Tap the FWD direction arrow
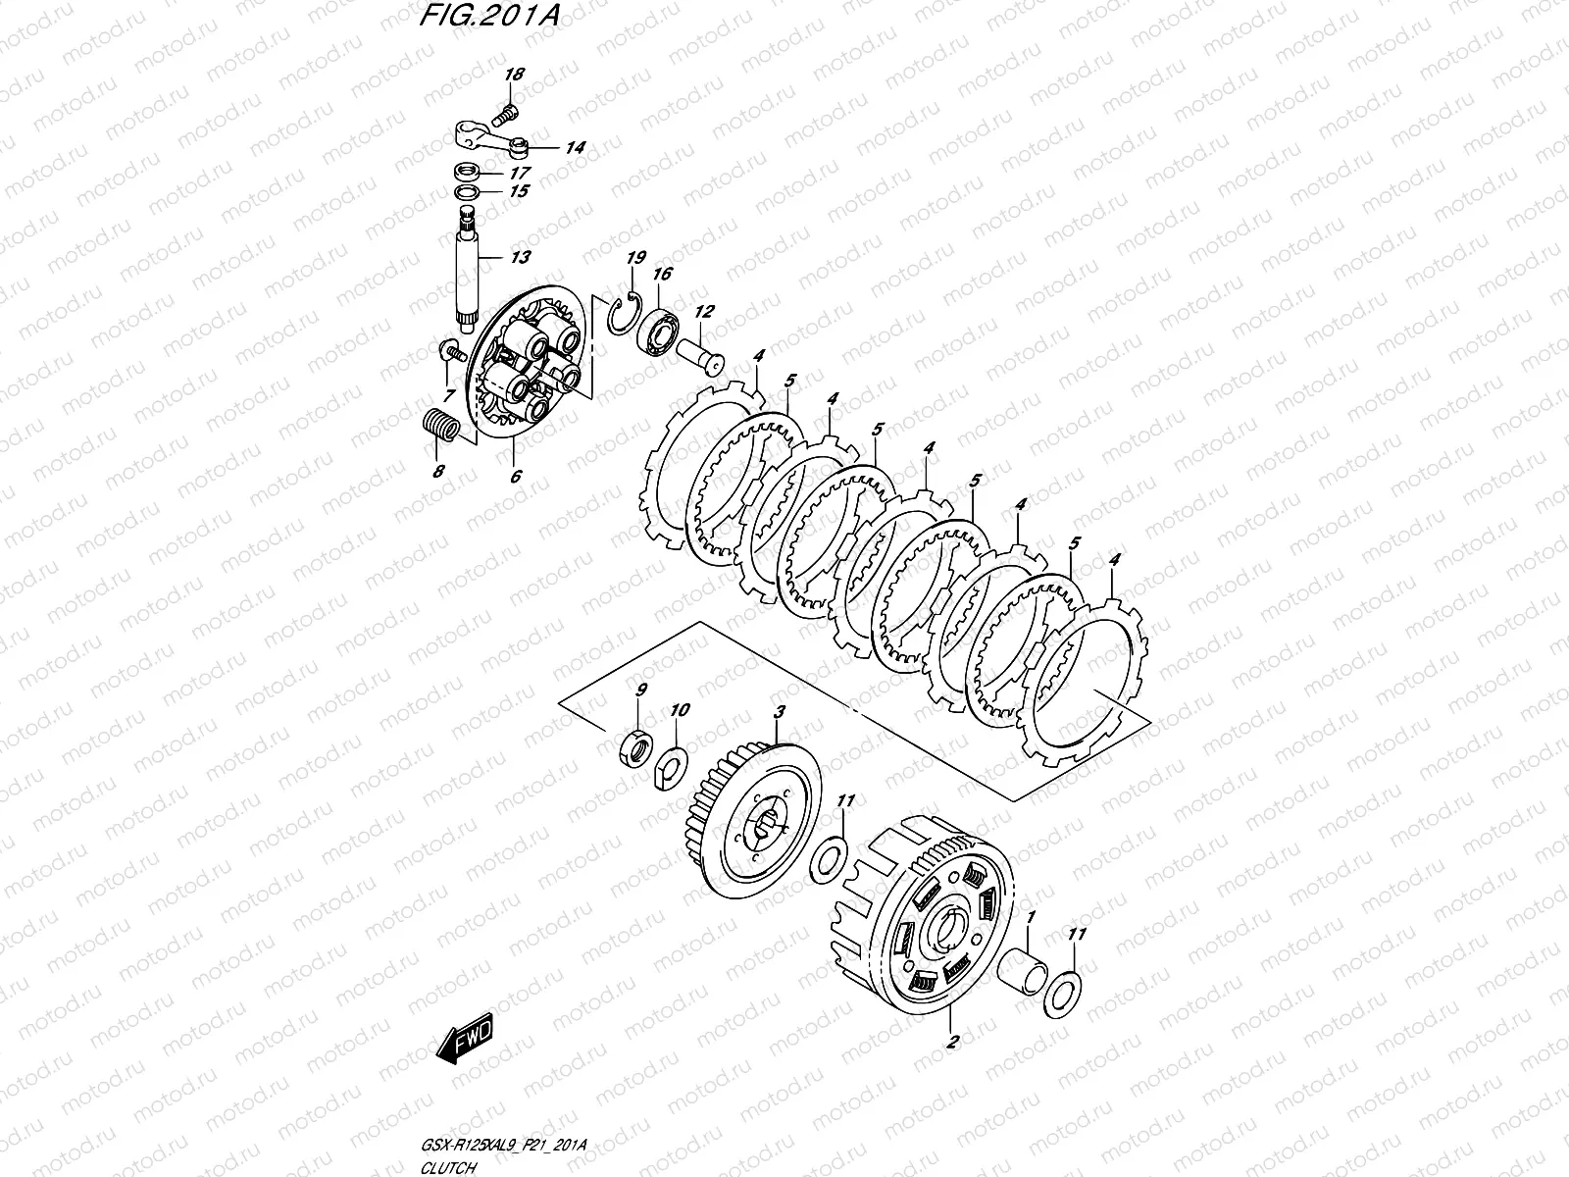point(464,1043)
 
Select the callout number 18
point(515,75)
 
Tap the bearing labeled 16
point(658,333)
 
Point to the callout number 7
point(448,395)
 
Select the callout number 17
point(519,170)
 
